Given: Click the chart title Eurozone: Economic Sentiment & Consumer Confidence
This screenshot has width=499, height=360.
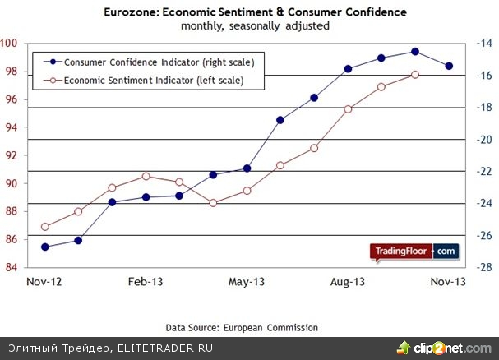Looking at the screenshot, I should point(249,12).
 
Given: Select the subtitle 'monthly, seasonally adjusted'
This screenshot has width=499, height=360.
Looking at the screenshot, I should point(249,25).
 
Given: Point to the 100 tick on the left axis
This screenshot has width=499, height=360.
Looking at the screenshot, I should point(11,44).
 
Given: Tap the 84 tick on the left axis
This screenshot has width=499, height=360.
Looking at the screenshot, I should point(12,267).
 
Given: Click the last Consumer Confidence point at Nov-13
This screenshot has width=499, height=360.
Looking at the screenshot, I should point(448,66).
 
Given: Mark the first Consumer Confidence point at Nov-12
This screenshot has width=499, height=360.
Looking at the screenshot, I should point(44,247).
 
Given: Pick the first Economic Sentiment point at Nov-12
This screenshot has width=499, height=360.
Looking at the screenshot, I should point(44,227).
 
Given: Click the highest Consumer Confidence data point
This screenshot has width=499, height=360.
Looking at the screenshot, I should point(415,52).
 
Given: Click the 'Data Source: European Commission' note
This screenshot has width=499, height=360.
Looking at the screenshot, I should point(242,327).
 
